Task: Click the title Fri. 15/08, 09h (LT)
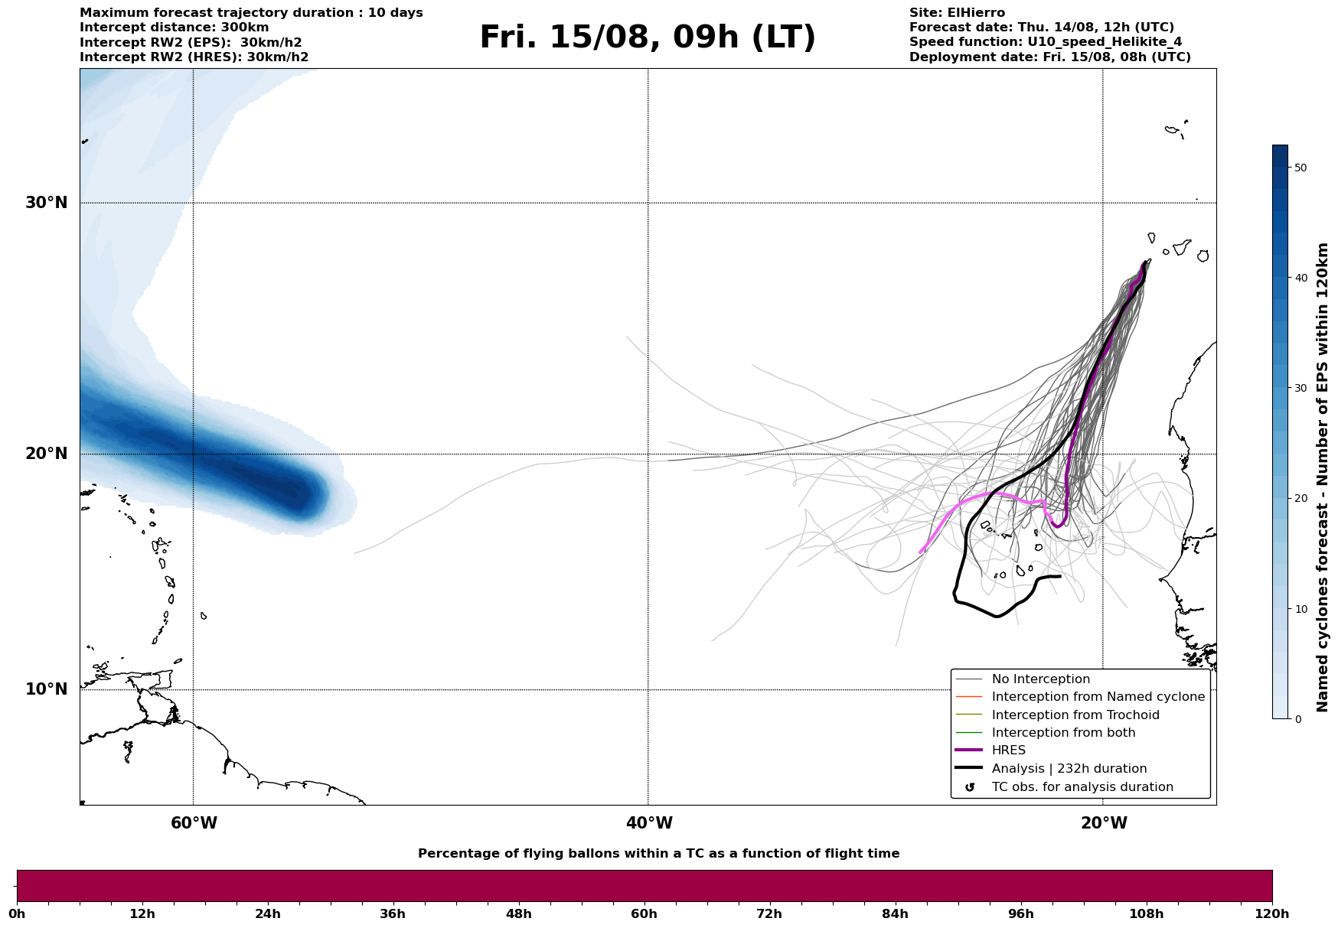(648, 37)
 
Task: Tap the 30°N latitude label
(47, 203)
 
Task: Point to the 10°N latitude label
(47, 689)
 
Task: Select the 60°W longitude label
(194, 823)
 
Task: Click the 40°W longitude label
(649, 823)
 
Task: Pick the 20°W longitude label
(1104, 823)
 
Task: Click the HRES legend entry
(1008, 751)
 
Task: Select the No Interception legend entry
(1040, 679)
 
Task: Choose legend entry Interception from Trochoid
(1075, 715)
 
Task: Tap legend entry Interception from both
(1063, 733)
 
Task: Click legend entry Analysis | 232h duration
(1069, 769)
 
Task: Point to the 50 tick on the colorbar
(1300, 168)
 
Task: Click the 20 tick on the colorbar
(1300, 499)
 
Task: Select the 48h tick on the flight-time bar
(518, 913)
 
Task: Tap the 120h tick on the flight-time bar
(1272, 913)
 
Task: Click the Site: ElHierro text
(957, 13)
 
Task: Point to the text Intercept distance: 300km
(174, 28)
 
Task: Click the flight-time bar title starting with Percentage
(658, 854)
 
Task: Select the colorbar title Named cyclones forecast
(1322, 477)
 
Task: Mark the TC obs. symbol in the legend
(970, 787)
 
